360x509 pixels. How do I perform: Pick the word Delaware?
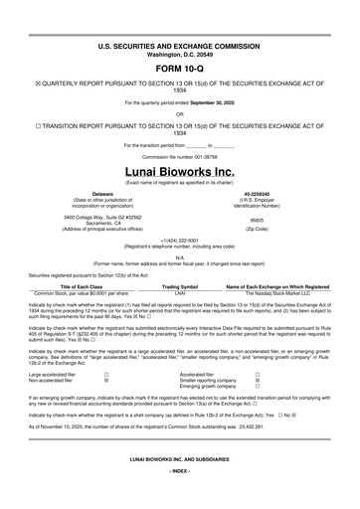pyautogui.click(x=102, y=193)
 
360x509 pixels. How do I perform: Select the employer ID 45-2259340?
pyautogui.click(x=258, y=193)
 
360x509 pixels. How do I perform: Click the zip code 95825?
pyautogui.click(x=258, y=219)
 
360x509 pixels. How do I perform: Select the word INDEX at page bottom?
pyautogui.click(x=179, y=495)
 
